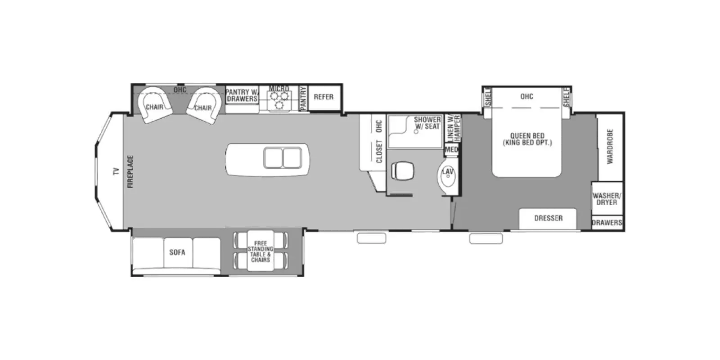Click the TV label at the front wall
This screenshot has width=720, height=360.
tap(116, 171)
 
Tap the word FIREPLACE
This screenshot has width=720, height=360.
tap(130, 171)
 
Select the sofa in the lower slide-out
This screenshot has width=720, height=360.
tap(177, 252)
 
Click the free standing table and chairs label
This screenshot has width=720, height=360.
tap(261, 252)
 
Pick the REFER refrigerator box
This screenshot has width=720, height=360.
tap(324, 97)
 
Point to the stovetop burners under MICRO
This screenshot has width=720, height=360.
tap(279, 100)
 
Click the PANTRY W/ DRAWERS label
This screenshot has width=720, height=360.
tap(242, 95)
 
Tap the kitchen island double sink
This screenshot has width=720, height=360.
tap(283, 158)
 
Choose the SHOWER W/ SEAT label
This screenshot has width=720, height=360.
tap(427, 123)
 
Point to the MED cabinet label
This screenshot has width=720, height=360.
tap(451, 149)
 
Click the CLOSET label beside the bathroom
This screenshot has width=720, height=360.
tap(378, 151)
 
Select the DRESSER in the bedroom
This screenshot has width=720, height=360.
tap(548, 218)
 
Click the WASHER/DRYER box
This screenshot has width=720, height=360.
tap(607, 199)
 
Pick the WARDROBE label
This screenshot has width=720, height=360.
tap(610, 146)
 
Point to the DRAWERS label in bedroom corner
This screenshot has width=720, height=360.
tap(607, 223)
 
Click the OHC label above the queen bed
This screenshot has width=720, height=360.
tap(526, 97)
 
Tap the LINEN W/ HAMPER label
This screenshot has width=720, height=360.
tap(453, 128)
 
